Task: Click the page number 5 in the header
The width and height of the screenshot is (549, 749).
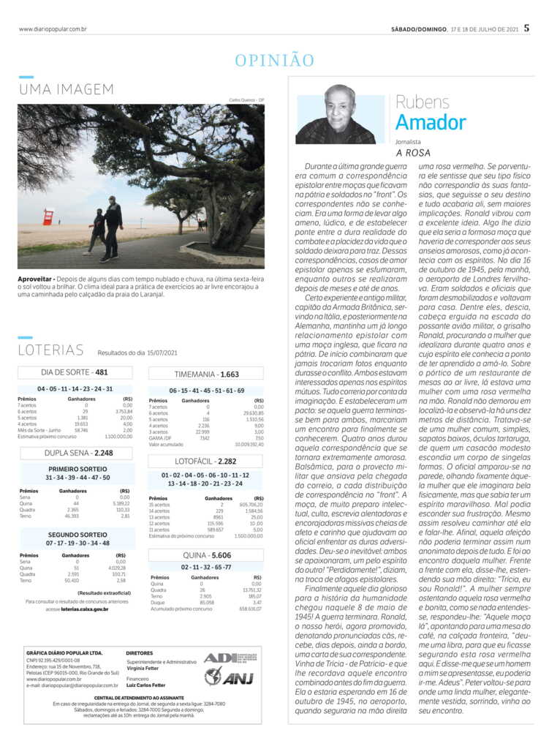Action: tap(526, 29)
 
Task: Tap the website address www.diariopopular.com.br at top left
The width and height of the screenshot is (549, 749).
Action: tap(53, 29)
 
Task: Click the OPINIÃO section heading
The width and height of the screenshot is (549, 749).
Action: tap(274, 61)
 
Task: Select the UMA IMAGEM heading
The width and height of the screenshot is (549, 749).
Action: tap(67, 89)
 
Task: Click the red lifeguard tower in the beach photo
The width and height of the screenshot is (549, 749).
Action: tap(48, 217)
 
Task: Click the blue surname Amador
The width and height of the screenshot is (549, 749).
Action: tap(431, 121)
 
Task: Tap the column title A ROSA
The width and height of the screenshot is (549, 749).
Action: tap(413, 153)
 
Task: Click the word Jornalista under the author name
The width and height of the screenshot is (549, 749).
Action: tap(409, 140)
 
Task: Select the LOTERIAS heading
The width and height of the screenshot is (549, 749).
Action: tap(50, 350)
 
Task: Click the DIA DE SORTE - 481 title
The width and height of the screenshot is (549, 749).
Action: tap(75, 372)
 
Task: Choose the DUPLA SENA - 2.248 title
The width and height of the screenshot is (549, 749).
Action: tap(75, 453)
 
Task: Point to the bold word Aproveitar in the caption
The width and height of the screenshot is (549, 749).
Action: tap(34, 279)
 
